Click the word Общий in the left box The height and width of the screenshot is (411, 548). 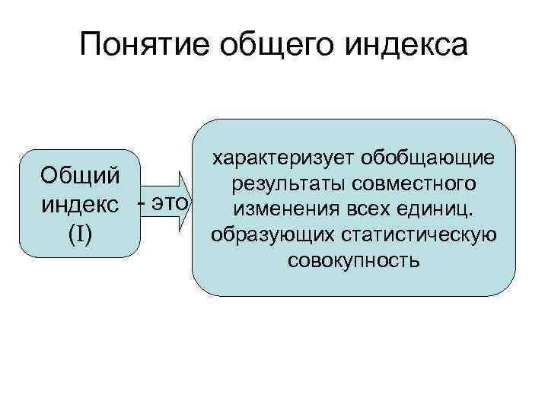click(x=80, y=175)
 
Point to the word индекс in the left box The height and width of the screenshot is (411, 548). click(x=80, y=204)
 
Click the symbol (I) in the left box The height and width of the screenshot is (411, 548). click(x=80, y=234)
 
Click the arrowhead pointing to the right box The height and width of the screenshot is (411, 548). click(x=185, y=204)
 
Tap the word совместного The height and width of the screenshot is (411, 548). click(x=412, y=183)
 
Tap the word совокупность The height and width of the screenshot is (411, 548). click(x=354, y=261)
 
